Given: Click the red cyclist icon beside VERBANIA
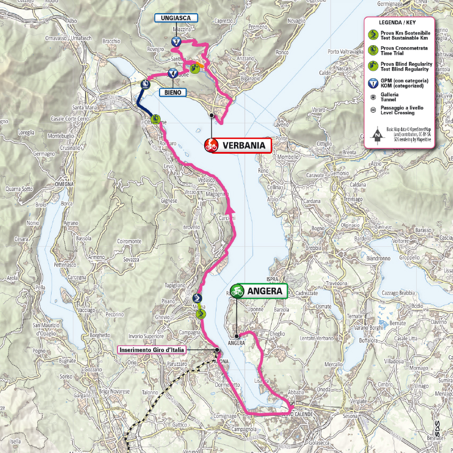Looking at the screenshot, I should tap(211, 145).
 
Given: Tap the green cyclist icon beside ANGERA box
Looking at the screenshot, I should tap(237, 290).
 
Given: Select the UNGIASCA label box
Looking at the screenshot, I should tap(176, 18).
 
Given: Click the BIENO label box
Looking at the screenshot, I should tap(173, 92).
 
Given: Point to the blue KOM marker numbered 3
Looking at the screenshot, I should tap(175, 41).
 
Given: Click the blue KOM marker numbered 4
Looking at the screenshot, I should tap(172, 73).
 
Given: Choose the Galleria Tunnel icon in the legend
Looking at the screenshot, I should tap(373, 97).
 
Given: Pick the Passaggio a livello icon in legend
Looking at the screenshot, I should tap(373, 110).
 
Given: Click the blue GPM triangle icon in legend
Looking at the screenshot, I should tap(373, 82).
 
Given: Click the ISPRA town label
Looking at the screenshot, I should tap(273, 278).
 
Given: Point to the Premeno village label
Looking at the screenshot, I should tap(257, 27).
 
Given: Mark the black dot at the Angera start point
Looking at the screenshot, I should tap(237, 336).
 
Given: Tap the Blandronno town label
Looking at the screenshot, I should tap(379, 258).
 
